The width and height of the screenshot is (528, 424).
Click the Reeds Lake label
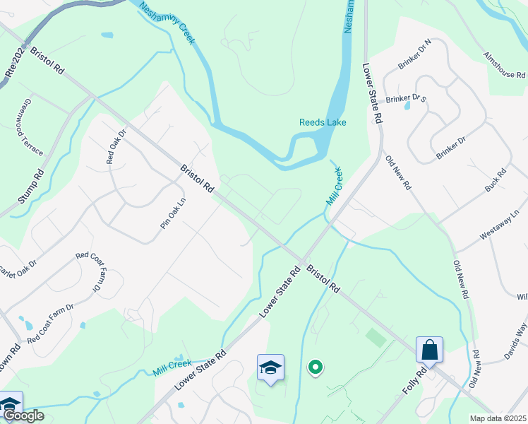tap(323, 122)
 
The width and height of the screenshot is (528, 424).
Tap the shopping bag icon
tap(429, 349)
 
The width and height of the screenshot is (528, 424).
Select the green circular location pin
tap(316, 367)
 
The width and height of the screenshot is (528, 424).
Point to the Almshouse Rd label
tap(504, 65)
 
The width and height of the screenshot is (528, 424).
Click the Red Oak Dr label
tap(115, 146)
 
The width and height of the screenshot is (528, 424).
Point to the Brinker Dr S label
tap(406, 97)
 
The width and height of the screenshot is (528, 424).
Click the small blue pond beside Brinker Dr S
tap(407, 107)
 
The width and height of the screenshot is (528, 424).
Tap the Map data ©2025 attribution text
tap(498, 418)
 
